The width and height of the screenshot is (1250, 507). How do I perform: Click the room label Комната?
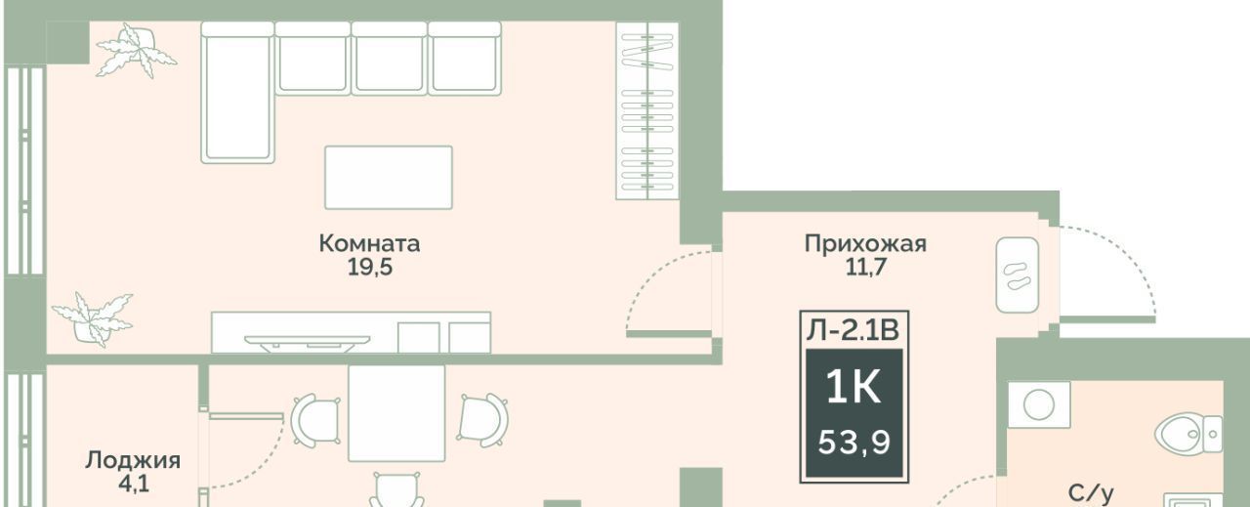pos(369,243)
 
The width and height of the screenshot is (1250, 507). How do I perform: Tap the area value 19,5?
pos(370,268)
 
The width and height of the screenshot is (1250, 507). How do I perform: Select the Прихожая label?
pos(865,244)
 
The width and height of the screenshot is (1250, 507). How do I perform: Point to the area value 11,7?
pos(866,268)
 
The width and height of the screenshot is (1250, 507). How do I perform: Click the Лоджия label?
pos(133,461)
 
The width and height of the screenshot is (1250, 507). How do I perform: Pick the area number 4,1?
pos(134,484)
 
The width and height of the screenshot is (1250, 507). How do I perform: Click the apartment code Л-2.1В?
pos(854,330)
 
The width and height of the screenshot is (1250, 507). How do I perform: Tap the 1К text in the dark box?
pos(854,388)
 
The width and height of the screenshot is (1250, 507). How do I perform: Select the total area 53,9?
pos(854,443)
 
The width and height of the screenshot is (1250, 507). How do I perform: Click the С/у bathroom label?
pos(1091,493)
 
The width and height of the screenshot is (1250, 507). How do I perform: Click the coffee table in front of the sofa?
pos(389,178)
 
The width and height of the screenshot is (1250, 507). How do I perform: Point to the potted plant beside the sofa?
pos(136,51)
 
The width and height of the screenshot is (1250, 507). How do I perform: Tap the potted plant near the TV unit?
pos(93,318)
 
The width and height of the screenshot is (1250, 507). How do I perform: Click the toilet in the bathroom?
pos(1188,435)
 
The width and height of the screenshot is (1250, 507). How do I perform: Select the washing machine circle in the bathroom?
pos(1039,404)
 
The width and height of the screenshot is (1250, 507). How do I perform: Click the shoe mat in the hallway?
pos(1018,275)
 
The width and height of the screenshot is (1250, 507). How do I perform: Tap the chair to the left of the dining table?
pos(316,419)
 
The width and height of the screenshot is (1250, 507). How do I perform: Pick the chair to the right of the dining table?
pos(483,419)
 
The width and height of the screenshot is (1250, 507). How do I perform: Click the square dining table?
pos(396,413)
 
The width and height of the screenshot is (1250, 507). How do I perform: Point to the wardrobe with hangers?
pos(647,110)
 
